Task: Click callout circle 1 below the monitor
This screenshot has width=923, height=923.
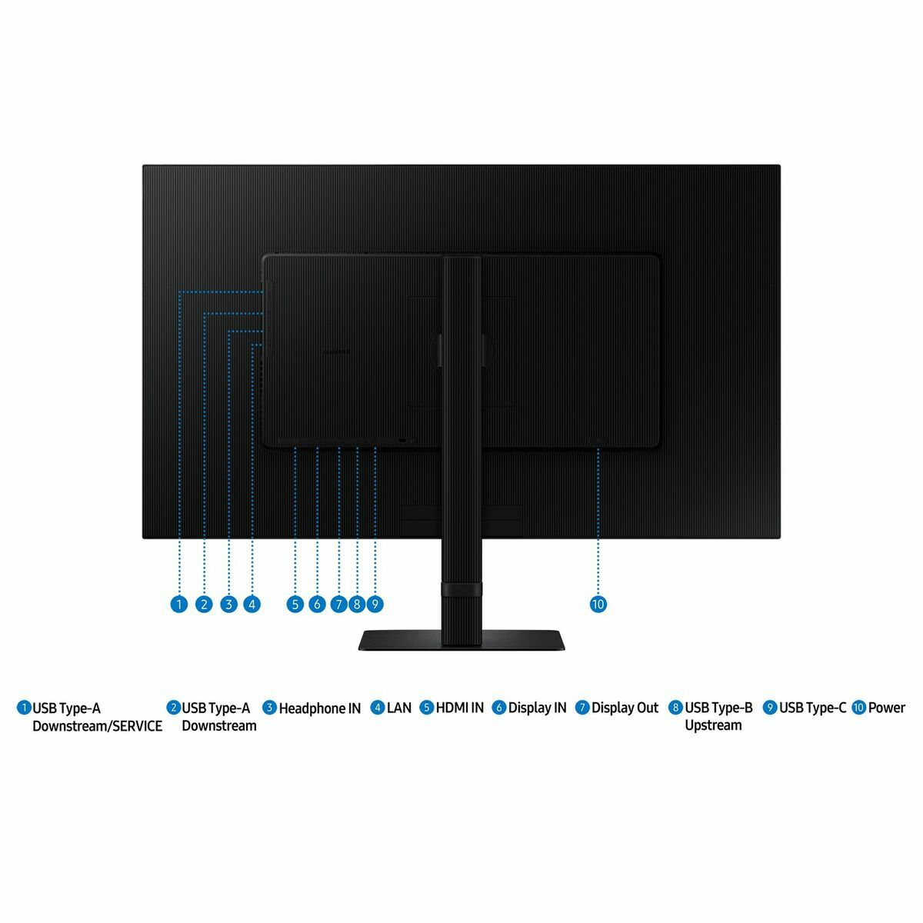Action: (178, 604)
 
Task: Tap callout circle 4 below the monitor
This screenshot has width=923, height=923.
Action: (252, 604)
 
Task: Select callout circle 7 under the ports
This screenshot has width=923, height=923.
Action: (338, 604)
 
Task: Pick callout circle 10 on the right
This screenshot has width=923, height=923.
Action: (598, 604)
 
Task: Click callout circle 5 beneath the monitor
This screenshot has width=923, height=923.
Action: (295, 604)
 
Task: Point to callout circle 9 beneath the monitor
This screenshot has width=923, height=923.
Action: (375, 604)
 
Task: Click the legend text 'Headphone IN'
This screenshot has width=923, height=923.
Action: (319, 708)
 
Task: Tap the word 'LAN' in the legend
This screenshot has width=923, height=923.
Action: (399, 708)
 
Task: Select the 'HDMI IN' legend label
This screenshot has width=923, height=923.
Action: (460, 708)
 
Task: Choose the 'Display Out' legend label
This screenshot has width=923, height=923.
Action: (625, 708)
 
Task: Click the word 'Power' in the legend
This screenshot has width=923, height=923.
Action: (887, 708)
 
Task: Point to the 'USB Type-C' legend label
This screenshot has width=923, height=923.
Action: (812, 708)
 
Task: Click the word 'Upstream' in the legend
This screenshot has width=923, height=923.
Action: (713, 725)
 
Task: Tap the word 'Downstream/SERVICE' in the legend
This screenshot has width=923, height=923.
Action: (97, 726)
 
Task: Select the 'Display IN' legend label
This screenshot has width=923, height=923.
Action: (537, 708)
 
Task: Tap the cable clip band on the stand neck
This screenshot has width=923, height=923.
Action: (461, 589)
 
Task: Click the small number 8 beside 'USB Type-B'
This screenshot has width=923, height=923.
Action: (676, 708)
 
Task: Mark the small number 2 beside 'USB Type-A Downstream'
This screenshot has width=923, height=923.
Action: (173, 708)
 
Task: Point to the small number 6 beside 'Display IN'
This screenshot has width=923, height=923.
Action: (499, 708)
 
